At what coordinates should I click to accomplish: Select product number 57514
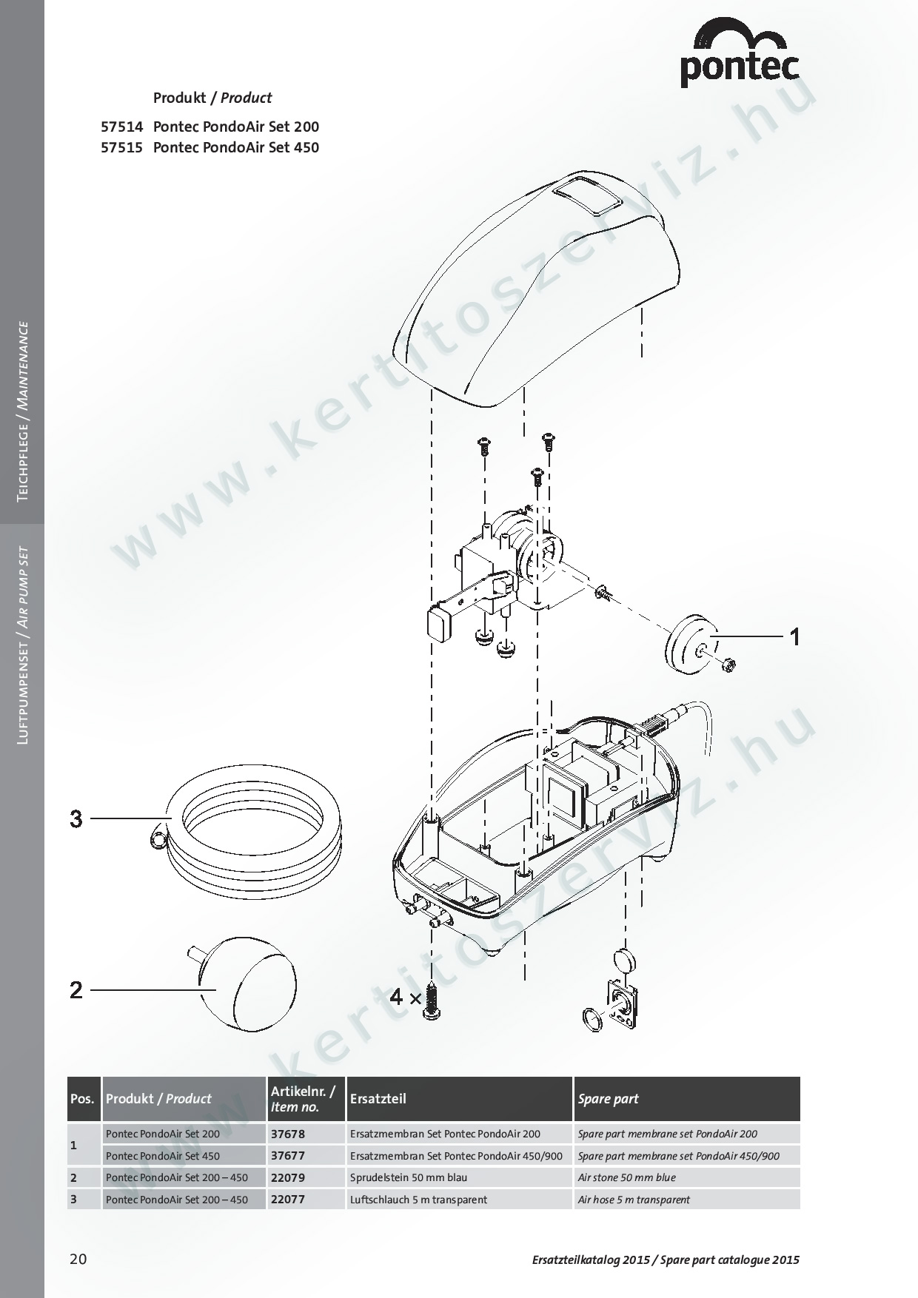click(x=121, y=127)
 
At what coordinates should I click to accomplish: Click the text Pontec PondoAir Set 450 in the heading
click(x=236, y=147)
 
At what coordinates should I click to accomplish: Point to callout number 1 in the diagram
click(x=795, y=636)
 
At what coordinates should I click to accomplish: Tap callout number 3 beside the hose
click(x=76, y=819)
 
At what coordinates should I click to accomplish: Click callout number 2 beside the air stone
click(x=76, y=989)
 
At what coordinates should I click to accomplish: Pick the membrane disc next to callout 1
click(x=691, y=643)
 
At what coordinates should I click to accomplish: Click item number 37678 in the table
click(x=288, y=1134)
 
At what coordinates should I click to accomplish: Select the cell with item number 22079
click(x=306, y=1177)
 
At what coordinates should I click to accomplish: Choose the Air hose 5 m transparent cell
click(x=686, y=1200)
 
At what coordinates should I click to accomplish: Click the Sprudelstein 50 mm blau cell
click(x=459, y=1177)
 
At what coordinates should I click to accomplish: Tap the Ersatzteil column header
click(x=459, y=1099)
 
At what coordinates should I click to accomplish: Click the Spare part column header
click(x=686, y=1099)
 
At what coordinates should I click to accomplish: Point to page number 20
click(x=78, y=1260)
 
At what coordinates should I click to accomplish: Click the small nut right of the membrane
click(x=726, y=665)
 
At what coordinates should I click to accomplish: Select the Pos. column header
click(x=83, y=1099)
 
